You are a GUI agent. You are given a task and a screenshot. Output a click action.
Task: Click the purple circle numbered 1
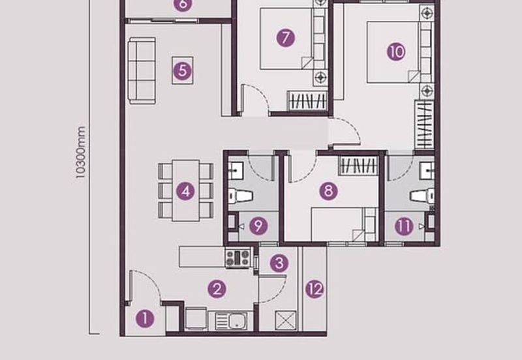145,319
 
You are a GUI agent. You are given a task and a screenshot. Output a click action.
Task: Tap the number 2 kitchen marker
217,288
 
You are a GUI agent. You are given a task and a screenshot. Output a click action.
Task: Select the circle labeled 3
279,263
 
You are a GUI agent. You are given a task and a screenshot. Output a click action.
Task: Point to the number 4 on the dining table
186,192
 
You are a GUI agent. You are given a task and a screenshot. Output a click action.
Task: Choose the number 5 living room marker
183,69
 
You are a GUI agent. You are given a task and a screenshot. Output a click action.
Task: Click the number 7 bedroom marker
284,37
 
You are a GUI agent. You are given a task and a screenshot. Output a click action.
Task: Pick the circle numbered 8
329,190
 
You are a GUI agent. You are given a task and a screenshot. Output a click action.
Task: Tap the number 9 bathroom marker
259,226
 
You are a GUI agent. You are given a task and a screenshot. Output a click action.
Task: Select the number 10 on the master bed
396,52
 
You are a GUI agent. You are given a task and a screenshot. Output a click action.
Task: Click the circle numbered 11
405,226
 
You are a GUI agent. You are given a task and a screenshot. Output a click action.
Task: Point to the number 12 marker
315,289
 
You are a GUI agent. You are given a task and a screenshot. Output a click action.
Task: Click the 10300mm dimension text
81,153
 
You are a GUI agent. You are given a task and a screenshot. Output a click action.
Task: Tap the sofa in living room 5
142,70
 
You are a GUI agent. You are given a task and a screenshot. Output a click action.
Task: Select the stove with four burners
238,258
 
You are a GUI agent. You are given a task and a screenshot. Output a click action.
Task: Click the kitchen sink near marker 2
232,320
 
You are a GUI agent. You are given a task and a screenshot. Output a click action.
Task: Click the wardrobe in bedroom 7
308,101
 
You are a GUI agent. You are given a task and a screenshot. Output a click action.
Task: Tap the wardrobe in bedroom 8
358,165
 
